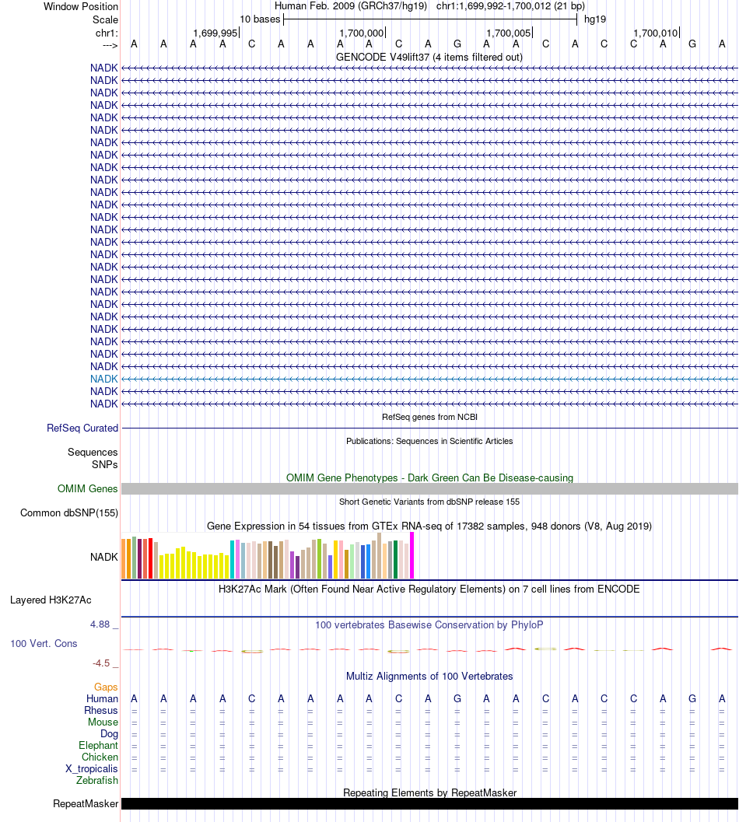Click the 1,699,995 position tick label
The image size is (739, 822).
215,33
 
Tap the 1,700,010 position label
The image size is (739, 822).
656,33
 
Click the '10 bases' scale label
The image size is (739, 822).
260,19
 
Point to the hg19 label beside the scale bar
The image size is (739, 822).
595,19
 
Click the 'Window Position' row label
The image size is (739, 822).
81,7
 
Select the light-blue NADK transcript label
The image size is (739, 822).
104,379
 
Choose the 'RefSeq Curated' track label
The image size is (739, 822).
82,428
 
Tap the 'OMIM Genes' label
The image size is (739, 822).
88,489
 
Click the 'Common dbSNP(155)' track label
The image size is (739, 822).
69,513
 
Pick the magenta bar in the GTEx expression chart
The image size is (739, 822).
412,555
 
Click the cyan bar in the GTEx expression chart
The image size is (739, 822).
233,559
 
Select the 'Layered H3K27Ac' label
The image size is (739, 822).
51,600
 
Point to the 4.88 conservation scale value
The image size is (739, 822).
103,624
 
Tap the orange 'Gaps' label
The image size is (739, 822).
106,687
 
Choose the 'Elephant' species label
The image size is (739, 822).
99,746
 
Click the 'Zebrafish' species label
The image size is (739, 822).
98,781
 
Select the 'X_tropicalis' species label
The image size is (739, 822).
92,769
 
